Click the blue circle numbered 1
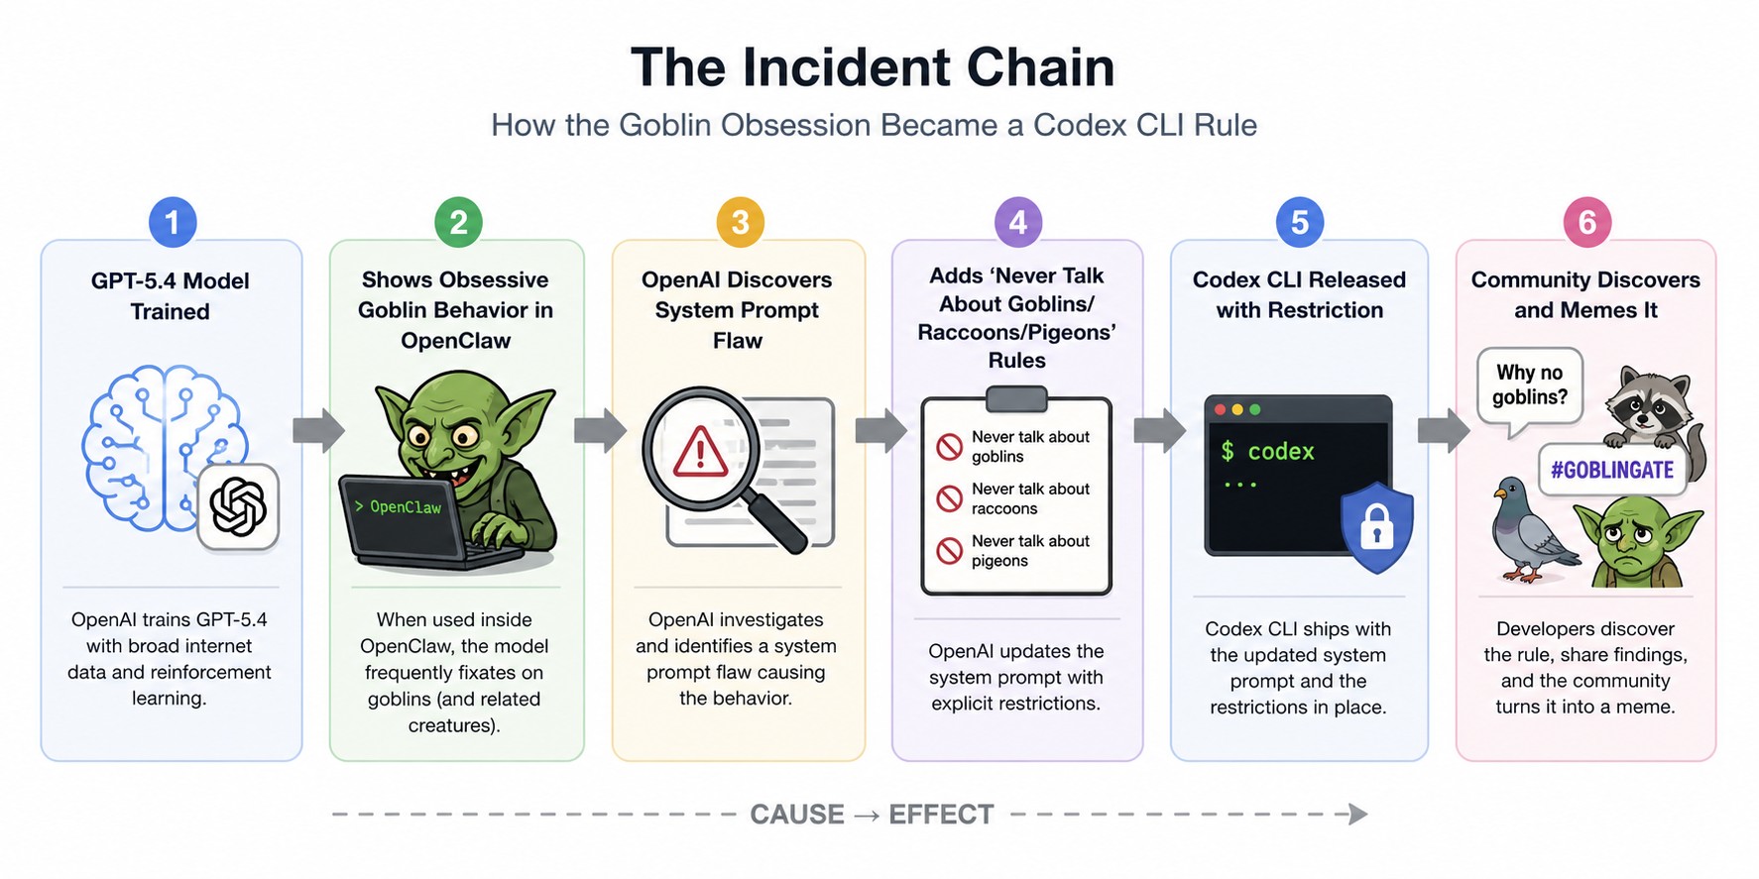pyautogui.click(x=173, y=222)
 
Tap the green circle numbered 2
pyautogui.click(x=458, y=222)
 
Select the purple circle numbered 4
pyautogui.click(x=1017, y=222)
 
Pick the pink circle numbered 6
pyautogui.click(x=1586, y=222)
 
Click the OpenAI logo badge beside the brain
pyautogui.click(x=238, y=506)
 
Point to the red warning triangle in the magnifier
pyautogui.click(x=701, y=454)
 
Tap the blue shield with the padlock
pyautogui.click(x=1376, y=528)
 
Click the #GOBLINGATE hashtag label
pyautogui.click(x=1611, y=470)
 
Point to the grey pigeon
pyautogui.click(x=1527, y=530)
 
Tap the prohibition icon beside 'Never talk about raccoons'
pyautogui.click(x=950, y=498)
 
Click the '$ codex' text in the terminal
pyautogui.click(x=1267, y=452)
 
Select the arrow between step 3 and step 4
pyautogui.click(x=879, y=430)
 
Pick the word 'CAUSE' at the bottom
pyautogui.click(x=797, y=815)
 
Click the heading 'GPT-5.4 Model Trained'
pyautogui.click(x=171, y=295)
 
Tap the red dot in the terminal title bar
pyautogui.click(x=1220, y=409)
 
